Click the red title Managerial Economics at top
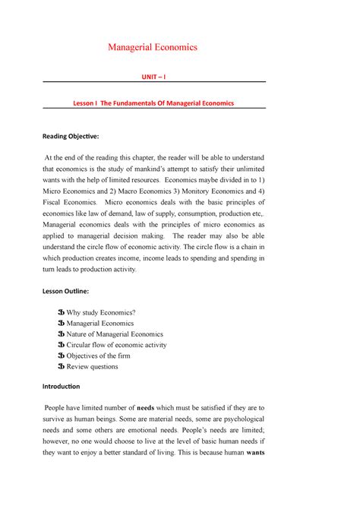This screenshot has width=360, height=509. click(x=153, y=47)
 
